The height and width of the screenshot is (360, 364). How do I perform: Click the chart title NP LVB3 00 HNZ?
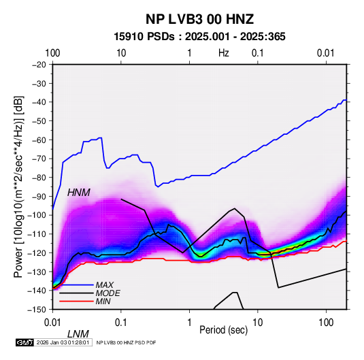click(199, 19)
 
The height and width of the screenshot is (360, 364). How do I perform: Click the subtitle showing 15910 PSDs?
click(199, 37)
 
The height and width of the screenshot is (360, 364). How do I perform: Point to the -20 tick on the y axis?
click(39, 65)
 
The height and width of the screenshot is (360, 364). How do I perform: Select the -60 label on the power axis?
click(39, 140)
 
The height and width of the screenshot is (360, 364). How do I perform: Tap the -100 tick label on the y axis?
click(37, 215)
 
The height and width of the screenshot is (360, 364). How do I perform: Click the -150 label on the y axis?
click(37, 310)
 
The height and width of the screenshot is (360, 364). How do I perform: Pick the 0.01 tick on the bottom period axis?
click(52, 323)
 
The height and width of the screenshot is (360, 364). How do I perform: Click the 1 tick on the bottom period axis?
click(189, 323)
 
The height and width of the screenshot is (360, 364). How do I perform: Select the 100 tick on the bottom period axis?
click(326, 323)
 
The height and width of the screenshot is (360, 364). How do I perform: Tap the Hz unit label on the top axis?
click(224, 53)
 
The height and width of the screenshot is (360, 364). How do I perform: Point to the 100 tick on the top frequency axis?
click(52, 53)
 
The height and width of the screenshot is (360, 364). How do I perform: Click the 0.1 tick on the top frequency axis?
click(258, 53)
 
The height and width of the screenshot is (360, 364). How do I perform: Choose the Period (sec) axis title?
click(224, 330)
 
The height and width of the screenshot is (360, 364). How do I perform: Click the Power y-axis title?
click(18, 186)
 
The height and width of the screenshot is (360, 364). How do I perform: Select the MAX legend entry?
click(105, 284)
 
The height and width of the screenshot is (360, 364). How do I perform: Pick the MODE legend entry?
click(107, 293)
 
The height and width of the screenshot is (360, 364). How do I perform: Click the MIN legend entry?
click(103, 301)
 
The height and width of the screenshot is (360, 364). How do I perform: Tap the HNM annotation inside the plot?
click(79, 193)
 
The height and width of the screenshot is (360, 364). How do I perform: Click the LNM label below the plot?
click(78, 334)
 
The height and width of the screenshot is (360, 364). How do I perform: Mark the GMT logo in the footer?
click(25, 342)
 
